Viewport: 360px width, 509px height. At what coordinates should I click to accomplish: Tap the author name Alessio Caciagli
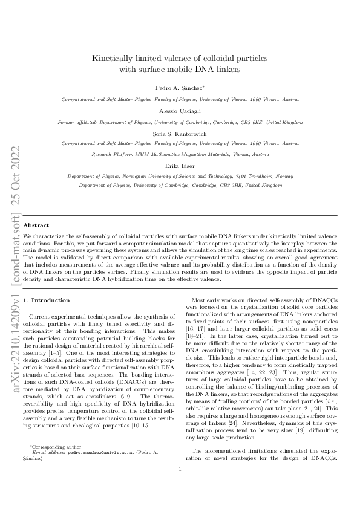pyautogui.click(x=180, y=112)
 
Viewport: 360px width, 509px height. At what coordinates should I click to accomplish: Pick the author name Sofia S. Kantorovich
pyautogui.click(x=180, y=134)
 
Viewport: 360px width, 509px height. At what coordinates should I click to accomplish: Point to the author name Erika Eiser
pyautogui.click(x=180, y=165)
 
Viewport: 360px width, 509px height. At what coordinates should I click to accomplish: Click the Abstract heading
pyautogui.click(x=36, y=225)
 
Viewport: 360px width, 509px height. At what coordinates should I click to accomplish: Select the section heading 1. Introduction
pyautogui.click(x=46, y=300)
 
